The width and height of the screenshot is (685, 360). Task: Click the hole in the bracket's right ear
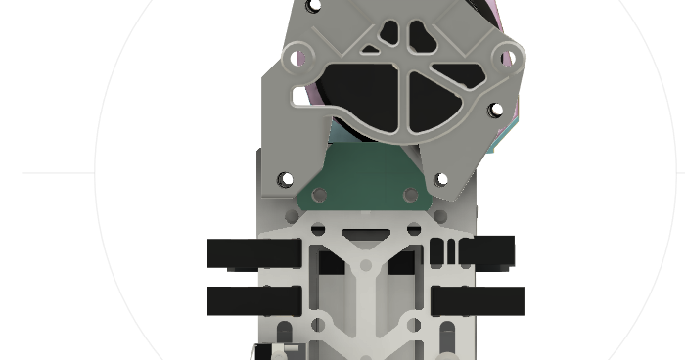point(508,58)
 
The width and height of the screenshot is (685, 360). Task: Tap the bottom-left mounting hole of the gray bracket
point(286,180)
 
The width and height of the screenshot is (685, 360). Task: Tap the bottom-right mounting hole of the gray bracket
point(441,180)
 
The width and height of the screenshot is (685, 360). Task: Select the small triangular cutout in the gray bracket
point(371,46)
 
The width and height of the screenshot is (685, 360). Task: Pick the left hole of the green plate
point(318,196)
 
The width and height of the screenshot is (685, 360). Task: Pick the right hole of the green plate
point(412,196)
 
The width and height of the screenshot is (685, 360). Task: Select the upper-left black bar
point(253,253)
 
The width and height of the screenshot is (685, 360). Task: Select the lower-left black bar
point(253,301)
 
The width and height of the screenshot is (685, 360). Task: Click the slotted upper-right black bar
point(472,252)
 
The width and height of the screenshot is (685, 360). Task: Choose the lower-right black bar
point(478,301)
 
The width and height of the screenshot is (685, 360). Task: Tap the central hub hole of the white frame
point(365,265)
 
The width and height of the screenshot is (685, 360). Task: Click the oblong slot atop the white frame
point(364,234)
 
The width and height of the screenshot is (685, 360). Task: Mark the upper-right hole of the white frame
point(413,230)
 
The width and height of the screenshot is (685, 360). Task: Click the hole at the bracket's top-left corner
point(313,6)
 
